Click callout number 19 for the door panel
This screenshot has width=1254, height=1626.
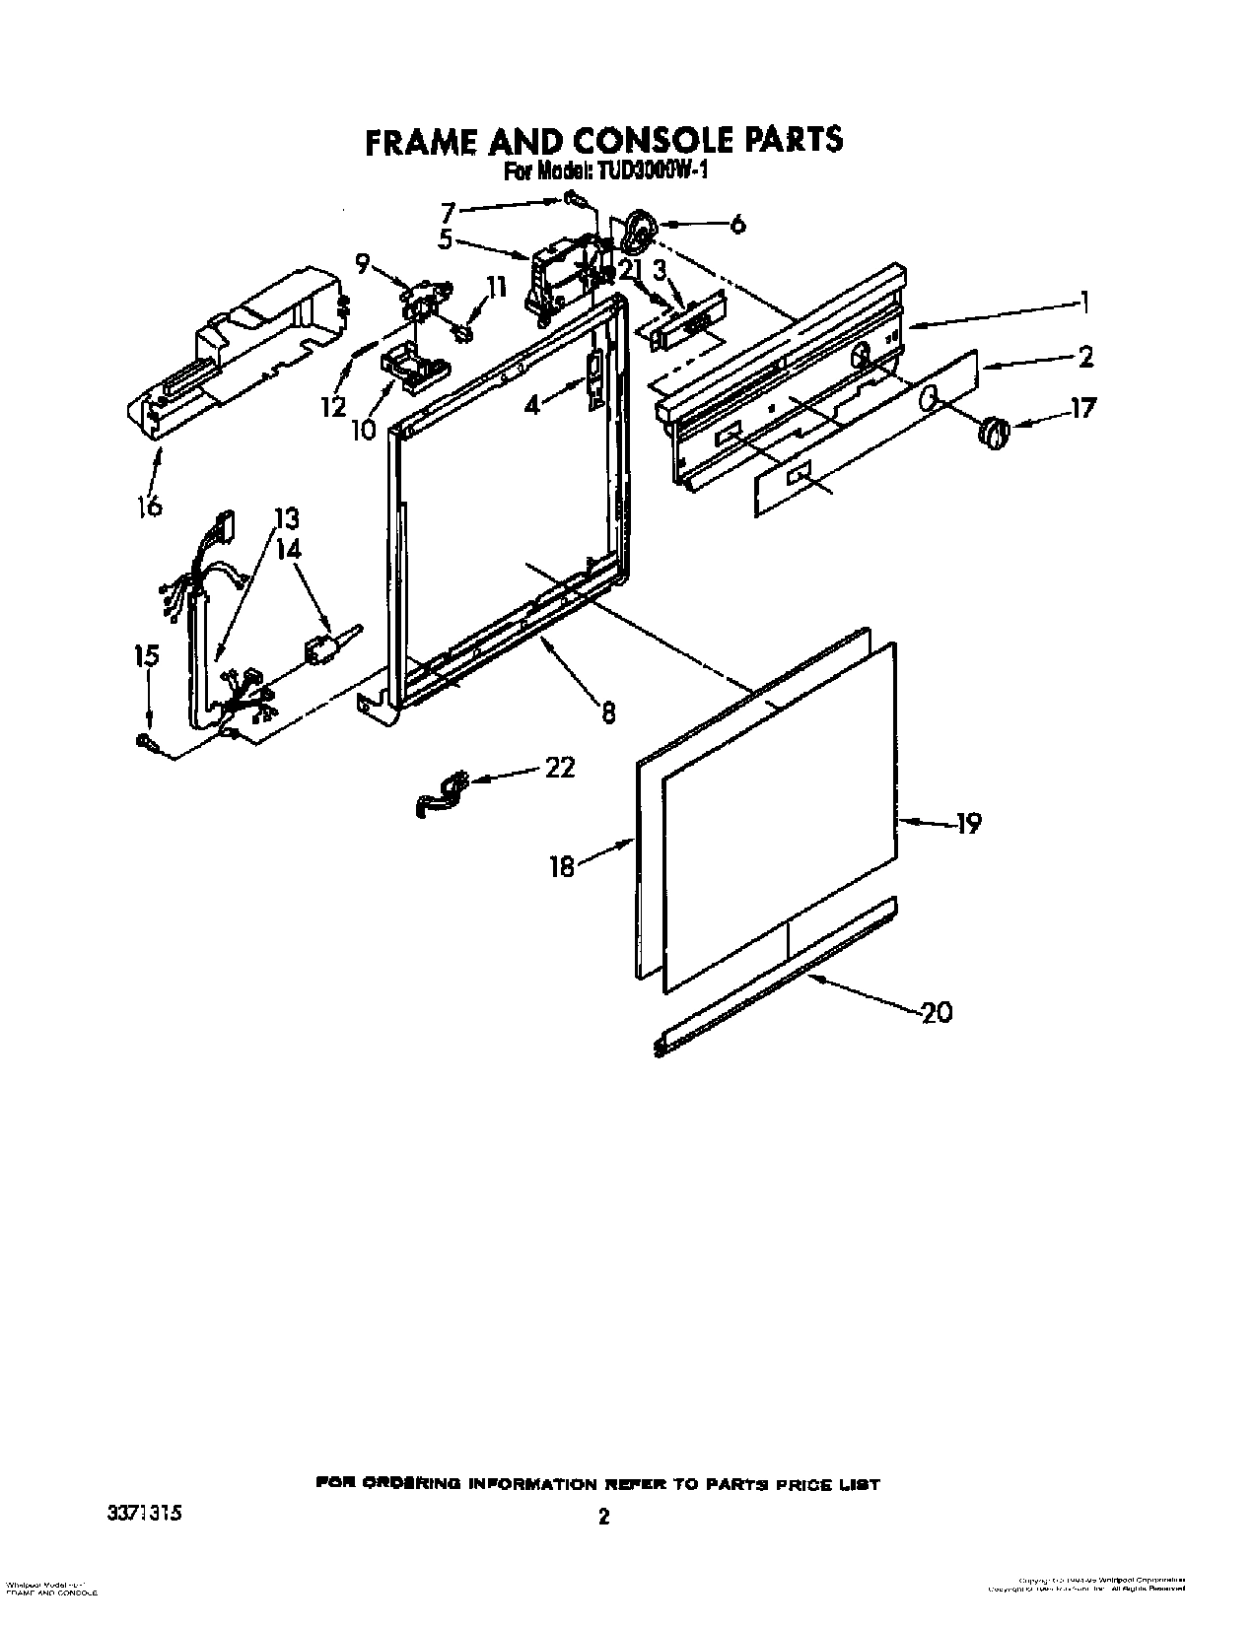[968, 824]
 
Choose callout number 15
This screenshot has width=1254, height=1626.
[147, 656]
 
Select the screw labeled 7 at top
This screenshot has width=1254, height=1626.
[575, 201]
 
